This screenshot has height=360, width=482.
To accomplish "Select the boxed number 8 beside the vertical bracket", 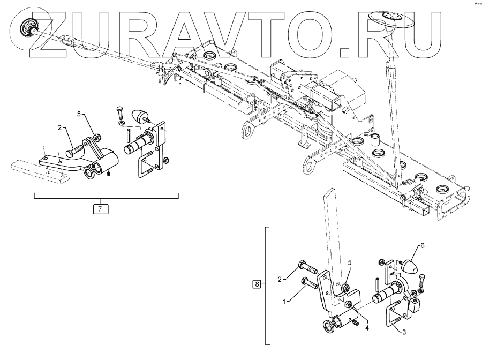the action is (258, 284).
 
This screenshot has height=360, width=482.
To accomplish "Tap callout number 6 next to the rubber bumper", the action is (422, 245).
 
